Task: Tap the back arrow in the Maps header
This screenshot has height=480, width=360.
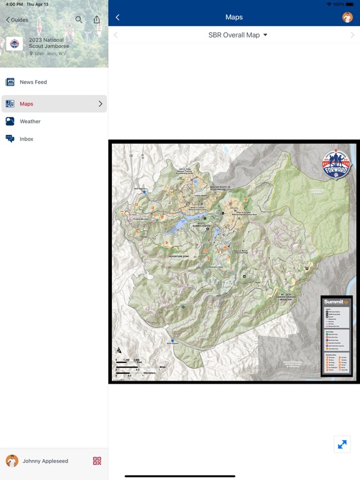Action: (117, 17)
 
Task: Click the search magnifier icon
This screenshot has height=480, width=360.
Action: (79, 19)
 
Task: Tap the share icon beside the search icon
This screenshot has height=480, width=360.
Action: (96, 19)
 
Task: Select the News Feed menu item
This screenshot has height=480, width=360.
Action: (33, 82)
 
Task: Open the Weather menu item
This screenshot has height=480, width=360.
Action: (30, 121)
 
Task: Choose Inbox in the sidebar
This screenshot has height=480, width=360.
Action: (26, 139)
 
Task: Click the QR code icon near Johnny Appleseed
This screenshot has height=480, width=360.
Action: (97, 461)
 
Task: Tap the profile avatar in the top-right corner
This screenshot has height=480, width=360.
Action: (347, 17)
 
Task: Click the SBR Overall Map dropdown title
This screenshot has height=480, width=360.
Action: (237, 35)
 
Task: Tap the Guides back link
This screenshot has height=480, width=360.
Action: (17, 20)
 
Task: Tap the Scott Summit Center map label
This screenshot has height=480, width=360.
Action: (201, 226)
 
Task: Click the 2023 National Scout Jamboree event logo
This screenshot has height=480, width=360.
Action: (14, 44)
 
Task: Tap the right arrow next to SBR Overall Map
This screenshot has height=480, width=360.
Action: (352, 35)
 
